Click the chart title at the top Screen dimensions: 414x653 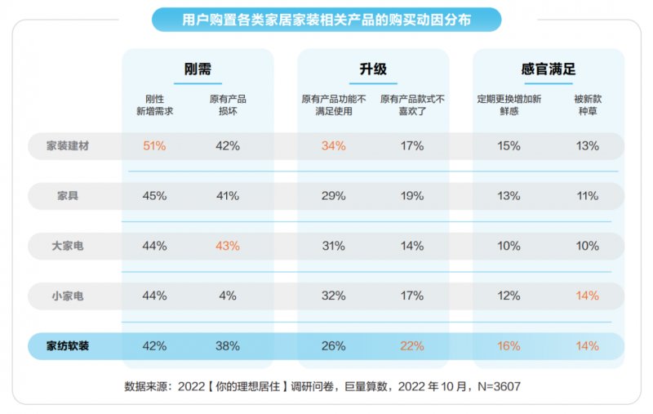pos(326,19)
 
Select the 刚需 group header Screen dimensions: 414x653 pos(198,69)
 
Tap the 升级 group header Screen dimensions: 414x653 pos(372,69)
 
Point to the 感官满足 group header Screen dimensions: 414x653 pos(549,69)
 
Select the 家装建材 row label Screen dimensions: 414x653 pos(68,146)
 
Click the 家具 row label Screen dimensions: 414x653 pos(68,196)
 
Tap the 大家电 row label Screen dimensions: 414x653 pos(68,246)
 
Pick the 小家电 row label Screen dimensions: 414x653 pos(68,296)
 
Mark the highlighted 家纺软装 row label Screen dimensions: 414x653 pos(68,345)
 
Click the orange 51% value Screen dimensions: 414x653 pos(154,146)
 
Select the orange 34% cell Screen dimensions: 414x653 pos(333,146)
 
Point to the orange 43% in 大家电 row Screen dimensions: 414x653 pos(228,246)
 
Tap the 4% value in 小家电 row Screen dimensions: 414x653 pos(228,296)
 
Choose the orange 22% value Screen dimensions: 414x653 pos(412,345)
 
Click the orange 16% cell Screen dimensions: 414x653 pos(509,345)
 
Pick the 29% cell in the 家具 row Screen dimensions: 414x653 pos(333,196)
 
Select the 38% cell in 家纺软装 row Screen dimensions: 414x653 pos(228,345)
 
